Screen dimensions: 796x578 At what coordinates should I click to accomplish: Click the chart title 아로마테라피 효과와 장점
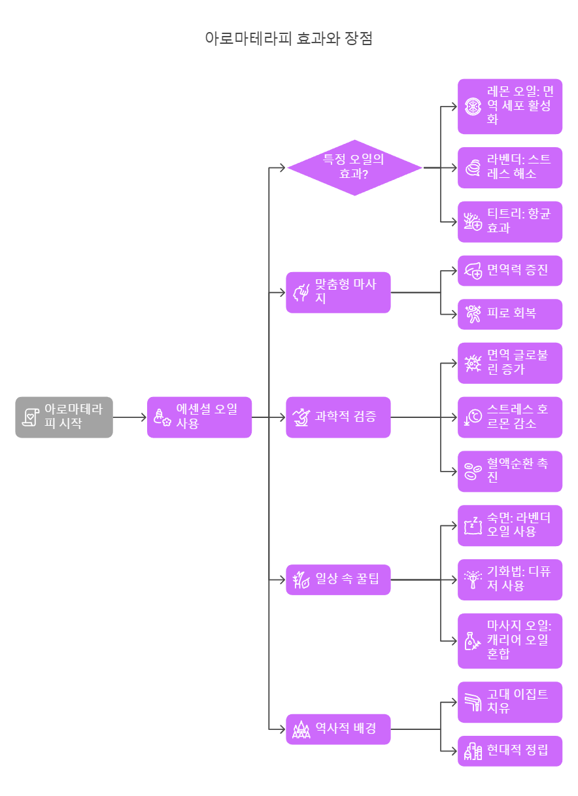tap(289, 38)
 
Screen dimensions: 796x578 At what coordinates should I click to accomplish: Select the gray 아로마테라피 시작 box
tap(64, 417)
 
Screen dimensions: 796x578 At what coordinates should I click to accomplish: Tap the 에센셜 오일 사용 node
tap(199, 417)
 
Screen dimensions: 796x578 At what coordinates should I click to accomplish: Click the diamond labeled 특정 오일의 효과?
tap(354, 167)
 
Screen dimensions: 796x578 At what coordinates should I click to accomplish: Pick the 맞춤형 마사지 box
tap(338, 292)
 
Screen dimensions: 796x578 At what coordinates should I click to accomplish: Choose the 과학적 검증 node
tap(338, 417)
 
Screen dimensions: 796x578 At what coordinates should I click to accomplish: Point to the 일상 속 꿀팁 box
tap(338, 580)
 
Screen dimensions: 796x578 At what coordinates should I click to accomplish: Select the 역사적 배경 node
tap(338, 729)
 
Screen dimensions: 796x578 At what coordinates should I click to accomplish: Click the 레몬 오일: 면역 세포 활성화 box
tap(509, 106)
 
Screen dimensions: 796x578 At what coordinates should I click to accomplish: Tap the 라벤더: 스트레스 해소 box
tap(509, 167)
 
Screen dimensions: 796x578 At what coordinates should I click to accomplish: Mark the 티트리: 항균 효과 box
tap(509, 222)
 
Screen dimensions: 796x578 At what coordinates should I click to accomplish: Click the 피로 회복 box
tap(509, 314)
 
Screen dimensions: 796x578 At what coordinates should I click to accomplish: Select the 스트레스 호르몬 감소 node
tap(509, 417)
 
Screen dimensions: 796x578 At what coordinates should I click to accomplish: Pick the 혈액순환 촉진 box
tap(509, 471)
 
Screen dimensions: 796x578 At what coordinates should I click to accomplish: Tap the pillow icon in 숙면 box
tap(472, 525)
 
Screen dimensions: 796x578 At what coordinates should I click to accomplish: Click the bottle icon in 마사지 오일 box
tap(472, 641)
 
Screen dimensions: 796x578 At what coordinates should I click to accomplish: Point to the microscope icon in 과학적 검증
tap(301, 417)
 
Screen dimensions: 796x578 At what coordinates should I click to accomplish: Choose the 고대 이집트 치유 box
tap(509, 702)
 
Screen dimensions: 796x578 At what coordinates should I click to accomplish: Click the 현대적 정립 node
tap(509, 751)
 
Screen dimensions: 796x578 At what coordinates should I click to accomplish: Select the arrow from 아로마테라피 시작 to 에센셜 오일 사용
tap(129, 417)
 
